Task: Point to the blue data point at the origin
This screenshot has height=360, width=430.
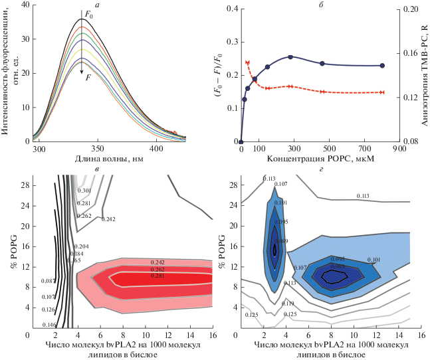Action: point(241,141)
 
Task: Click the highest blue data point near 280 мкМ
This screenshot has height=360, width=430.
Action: point(290,57)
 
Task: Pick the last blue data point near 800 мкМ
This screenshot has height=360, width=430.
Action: point(383,66)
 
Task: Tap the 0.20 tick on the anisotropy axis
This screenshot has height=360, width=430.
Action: point(411,9)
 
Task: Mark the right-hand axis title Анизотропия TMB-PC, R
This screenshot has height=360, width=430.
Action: point(423,74)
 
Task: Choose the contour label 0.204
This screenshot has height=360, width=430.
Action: point(71,246)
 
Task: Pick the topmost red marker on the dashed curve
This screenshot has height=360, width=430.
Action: point(247,62)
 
